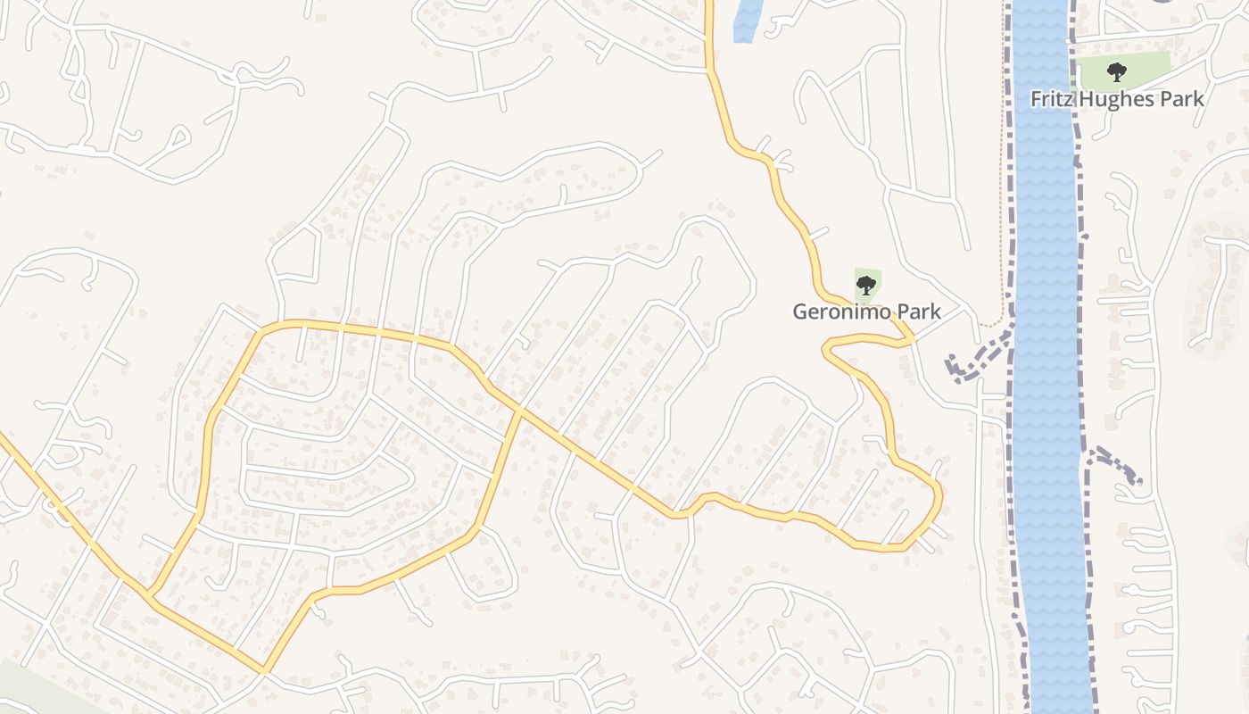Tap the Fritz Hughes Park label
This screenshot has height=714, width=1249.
pyautogui.click(x=1117, y=99)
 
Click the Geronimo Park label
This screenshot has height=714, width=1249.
pyautogui.click(x=867, y=311)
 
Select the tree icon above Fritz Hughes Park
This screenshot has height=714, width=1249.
pyautogui.click(x=1115, y=72)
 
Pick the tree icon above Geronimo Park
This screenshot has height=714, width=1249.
pyautogui.click(x=865, y=286)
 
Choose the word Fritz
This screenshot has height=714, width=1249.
pyautogui.click(x=1050, y=99)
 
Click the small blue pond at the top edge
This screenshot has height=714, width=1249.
pyautogui.click(x=747, y=20)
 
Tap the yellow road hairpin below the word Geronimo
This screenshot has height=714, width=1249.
pyautogui.click(x=828, y=350)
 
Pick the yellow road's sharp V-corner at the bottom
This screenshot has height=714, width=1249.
pyautogui.click(x=265, y=670)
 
